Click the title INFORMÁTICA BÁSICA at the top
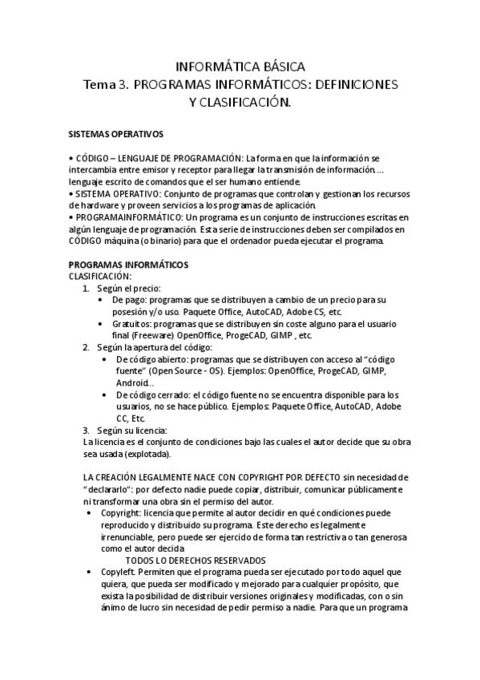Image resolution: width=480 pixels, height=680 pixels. coord(240,67)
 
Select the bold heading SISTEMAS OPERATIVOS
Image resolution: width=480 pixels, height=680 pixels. coord(115,134)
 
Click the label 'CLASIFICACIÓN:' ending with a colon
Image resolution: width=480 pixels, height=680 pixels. coord(99,275)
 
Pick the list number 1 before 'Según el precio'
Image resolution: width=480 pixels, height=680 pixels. coord(87,287)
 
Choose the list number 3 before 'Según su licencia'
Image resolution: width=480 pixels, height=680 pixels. coord(87,430)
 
